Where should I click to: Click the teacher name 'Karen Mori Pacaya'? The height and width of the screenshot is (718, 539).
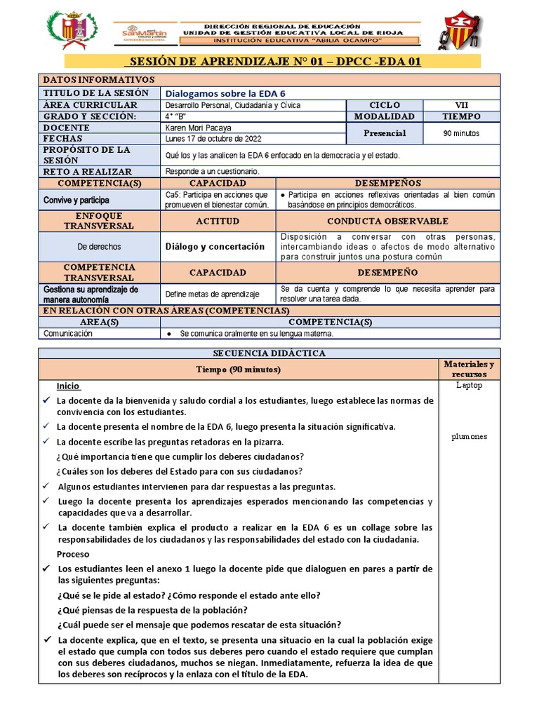point(198,128)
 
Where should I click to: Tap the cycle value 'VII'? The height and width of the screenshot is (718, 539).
point(461,104)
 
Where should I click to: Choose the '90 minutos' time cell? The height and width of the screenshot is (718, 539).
point(461,133)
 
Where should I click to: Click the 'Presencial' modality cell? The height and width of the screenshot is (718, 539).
point(385,133)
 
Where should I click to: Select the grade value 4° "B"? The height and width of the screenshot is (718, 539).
point(180,116)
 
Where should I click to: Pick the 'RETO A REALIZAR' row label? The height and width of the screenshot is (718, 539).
point(87,171)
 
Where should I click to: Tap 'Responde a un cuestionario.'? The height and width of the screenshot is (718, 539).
point(212,171)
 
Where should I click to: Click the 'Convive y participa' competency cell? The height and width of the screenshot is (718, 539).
point(77,200)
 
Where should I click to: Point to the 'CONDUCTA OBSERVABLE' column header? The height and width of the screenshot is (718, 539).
point(387,221)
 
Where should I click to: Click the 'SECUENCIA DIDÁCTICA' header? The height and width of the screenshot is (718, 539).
point(269,353)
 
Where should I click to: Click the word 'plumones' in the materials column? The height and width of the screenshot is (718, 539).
point(470,437)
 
